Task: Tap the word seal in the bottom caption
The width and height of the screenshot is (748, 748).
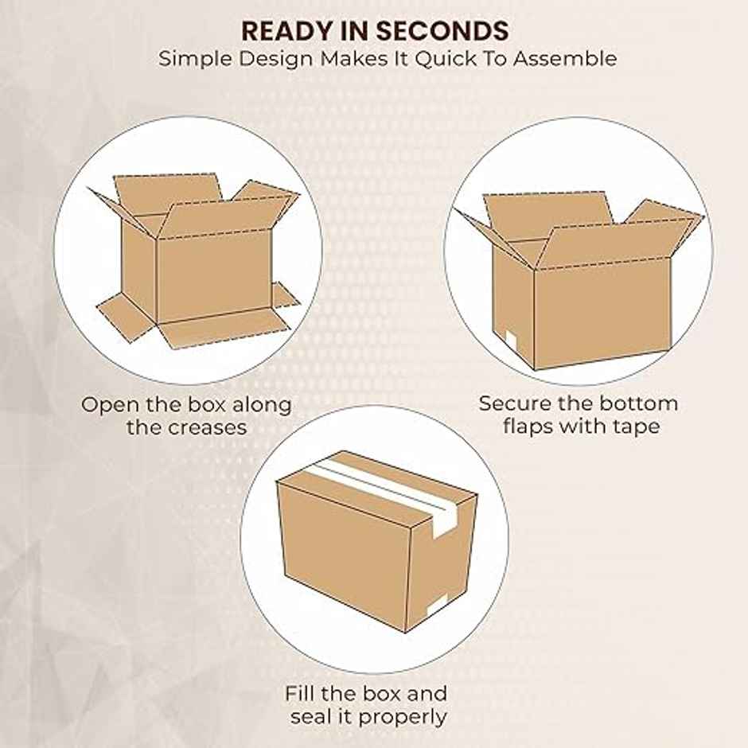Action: pyautogui.click(x=311, y=716)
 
